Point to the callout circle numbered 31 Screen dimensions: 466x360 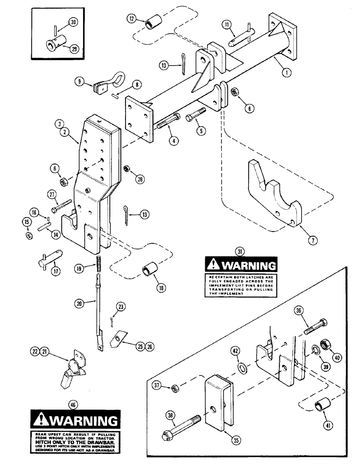pos(240,252)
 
